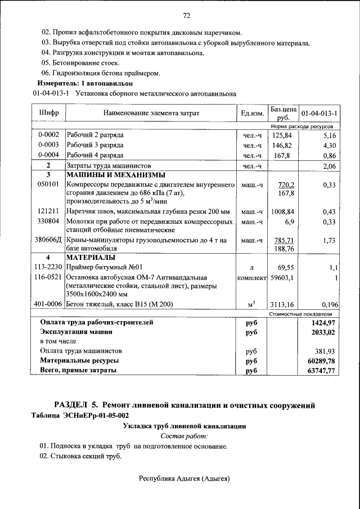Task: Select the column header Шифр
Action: click(49, 113)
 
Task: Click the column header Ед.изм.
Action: click(251, 114)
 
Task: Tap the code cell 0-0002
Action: click(49, 136)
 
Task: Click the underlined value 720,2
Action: click(287, 184)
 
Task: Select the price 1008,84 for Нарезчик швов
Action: click(283, 212)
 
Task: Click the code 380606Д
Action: click(49, 240)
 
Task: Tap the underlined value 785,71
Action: click(284, 240)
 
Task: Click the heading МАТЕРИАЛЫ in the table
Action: click(91, 258)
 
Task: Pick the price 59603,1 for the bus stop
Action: click(283, 277)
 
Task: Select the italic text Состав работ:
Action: click(184, 436)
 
